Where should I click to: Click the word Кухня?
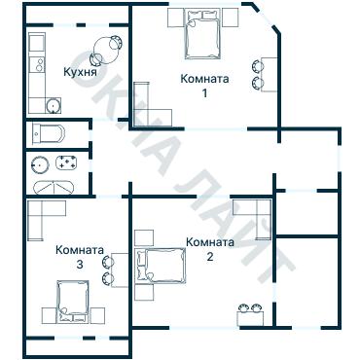pyautogui.click(x=79, y=72)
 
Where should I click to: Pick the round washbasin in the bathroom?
pyautogui.click(x=41, y=164)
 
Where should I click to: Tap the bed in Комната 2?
pyautogui.click(x=163, y=265)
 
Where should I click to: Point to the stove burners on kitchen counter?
pyautogui.click(x=36, y=64)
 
